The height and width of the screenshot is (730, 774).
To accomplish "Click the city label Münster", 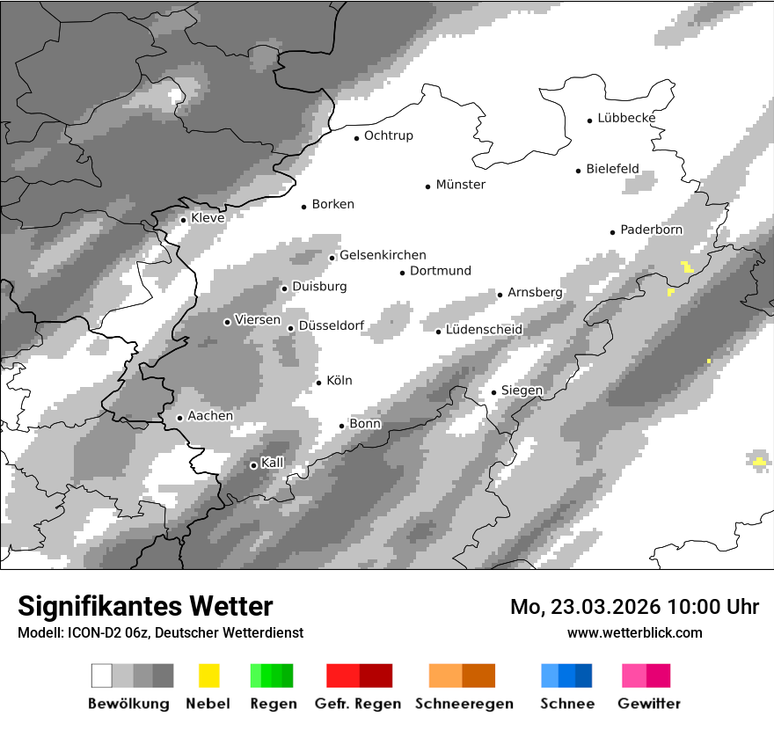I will coord(460,185).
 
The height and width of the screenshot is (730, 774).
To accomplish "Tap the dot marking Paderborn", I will coord(613,231).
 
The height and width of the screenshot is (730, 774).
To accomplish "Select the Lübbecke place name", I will coord(626,118).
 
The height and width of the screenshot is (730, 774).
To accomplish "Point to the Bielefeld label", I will coord(612,169).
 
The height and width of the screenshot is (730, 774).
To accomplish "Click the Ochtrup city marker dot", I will coord(356,137).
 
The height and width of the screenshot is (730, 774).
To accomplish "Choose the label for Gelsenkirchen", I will coord(383,255).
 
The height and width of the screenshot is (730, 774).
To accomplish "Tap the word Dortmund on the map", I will coord(441,271).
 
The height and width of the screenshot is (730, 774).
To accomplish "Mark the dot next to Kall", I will coord(253,465).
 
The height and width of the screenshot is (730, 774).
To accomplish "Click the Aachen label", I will coord(210,416).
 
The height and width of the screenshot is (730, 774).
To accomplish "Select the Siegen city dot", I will coord(493,392).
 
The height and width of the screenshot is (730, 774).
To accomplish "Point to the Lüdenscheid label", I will coord(484,330).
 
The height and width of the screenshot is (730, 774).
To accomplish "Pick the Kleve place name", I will coord(208,218).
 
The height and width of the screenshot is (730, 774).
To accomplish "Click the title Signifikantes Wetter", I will coord(145,606).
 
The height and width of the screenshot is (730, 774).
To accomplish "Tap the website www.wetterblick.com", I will coord(635,632).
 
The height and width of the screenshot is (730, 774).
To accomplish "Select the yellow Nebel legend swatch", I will coord(209,675).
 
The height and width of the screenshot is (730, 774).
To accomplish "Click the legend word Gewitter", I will coord(648,704).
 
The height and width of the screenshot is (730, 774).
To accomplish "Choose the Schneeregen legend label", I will coord(464,704).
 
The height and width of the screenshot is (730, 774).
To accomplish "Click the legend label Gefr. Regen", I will coord(358,704).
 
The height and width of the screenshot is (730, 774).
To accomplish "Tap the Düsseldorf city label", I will coord(332,325).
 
